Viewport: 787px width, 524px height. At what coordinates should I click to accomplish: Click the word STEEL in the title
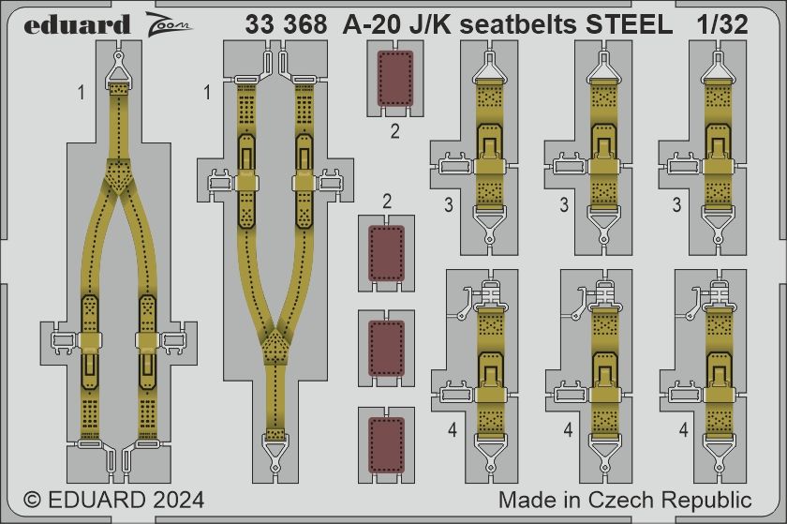point(629,25)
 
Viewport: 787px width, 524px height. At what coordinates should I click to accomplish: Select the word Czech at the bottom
point(633,499)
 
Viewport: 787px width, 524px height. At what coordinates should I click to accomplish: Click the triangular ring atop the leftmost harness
point(118,67)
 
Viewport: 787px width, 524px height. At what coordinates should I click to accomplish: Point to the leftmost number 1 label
point(82,93)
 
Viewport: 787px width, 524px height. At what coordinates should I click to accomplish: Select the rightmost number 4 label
point(684,431)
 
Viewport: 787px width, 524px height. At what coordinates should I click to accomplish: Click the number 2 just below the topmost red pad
point(394,131)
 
